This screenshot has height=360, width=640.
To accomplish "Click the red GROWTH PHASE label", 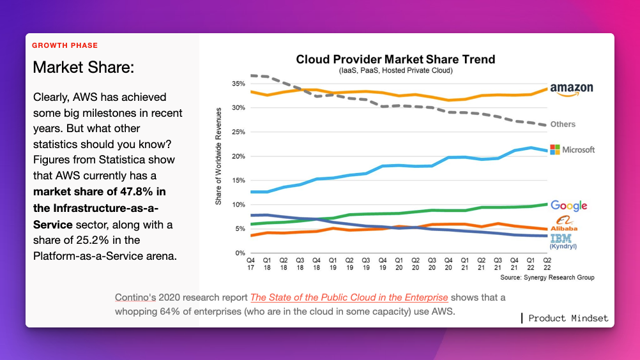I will (x=65, y=46).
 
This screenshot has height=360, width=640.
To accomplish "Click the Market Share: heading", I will (x=83, y=67).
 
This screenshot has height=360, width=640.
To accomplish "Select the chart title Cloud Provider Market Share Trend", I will (x=395, y=59).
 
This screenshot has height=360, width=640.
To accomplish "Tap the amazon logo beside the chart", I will (x=571, y=89).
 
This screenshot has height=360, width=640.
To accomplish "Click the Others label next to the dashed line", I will (x=563, y=124).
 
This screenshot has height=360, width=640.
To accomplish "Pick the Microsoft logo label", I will (x=572, y=149).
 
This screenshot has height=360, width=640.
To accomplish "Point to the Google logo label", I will (x=568, y=206).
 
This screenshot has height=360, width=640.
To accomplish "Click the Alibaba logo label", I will (x=565, y=224).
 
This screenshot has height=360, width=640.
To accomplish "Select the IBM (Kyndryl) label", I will (x=565, y=241).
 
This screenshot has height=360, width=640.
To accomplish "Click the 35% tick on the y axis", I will (x=238, y=84).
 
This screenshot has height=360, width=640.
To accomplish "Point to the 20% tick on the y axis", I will (x=238, y=156).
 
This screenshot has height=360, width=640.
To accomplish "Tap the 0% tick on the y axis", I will (x=240, y=253).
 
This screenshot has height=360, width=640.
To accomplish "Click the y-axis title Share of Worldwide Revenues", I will (x=218, y=156).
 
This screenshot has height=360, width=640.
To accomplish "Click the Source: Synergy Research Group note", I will (x=547, y=278).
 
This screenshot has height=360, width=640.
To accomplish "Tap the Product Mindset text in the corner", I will (x=568, y=318).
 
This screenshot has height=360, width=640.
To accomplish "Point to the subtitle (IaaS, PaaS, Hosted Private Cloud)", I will (x=395, y=70).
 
